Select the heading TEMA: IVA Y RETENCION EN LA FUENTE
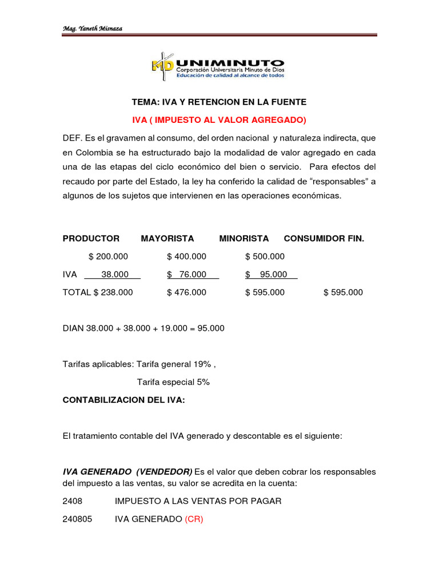click(x=219, y=102)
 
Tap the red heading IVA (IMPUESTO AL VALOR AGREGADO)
click(x=219, y=119)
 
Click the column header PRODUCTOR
click(x=91, y=238)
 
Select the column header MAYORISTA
click(x=167, y=238)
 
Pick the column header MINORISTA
click(x=244, y=238)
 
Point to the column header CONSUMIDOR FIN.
click(x=324, y=238)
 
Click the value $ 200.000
click(x=109, y=257)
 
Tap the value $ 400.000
click(x=186, y=257)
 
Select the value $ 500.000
click(x=265, y=257)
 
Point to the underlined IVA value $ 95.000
click(x=266, y=274)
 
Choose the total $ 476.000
click(x=186, y=292)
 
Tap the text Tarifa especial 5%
click(x=173, y=382)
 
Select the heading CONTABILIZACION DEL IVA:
click(x=123, y=400)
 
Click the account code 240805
click(x=78, y=519)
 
